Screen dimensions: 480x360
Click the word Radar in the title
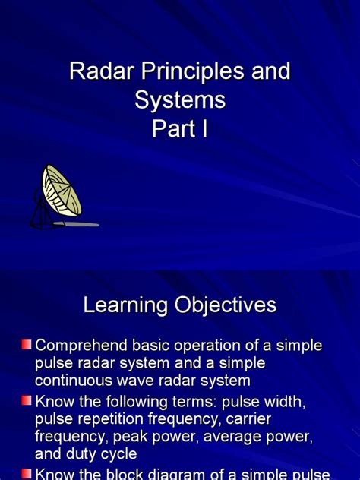tap(96, 72)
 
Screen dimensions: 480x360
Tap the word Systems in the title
tap(180, 100)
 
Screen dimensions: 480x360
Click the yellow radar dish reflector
tap(62, 191)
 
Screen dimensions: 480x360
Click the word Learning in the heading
tap(125, 306)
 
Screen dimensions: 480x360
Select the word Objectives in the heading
tap(225, 306)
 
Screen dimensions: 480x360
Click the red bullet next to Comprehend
tap(27, 346)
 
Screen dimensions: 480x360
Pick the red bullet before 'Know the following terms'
tap(27, 400)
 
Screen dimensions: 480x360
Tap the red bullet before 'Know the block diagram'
tap(27, 473)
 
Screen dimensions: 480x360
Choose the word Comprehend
tap(84, 346)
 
